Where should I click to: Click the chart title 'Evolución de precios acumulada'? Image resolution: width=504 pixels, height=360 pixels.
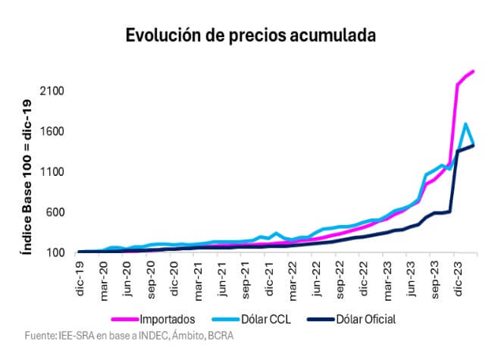251,35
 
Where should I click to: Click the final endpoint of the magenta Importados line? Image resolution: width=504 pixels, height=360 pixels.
473,71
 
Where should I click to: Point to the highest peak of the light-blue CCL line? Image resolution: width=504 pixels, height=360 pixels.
465,124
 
